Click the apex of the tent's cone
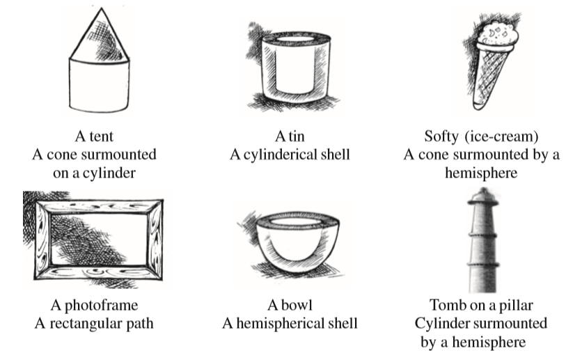[101, 8]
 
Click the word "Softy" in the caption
[441, 136]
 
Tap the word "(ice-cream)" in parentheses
[501, 136]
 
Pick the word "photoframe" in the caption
[102, 306]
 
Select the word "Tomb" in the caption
[442, 305]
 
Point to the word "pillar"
[515, 306]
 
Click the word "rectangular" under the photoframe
[86, 324]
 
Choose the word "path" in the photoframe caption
[140, 324]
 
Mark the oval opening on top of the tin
[296, 39]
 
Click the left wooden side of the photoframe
[42, 240]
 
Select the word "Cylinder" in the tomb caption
[440, 324]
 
